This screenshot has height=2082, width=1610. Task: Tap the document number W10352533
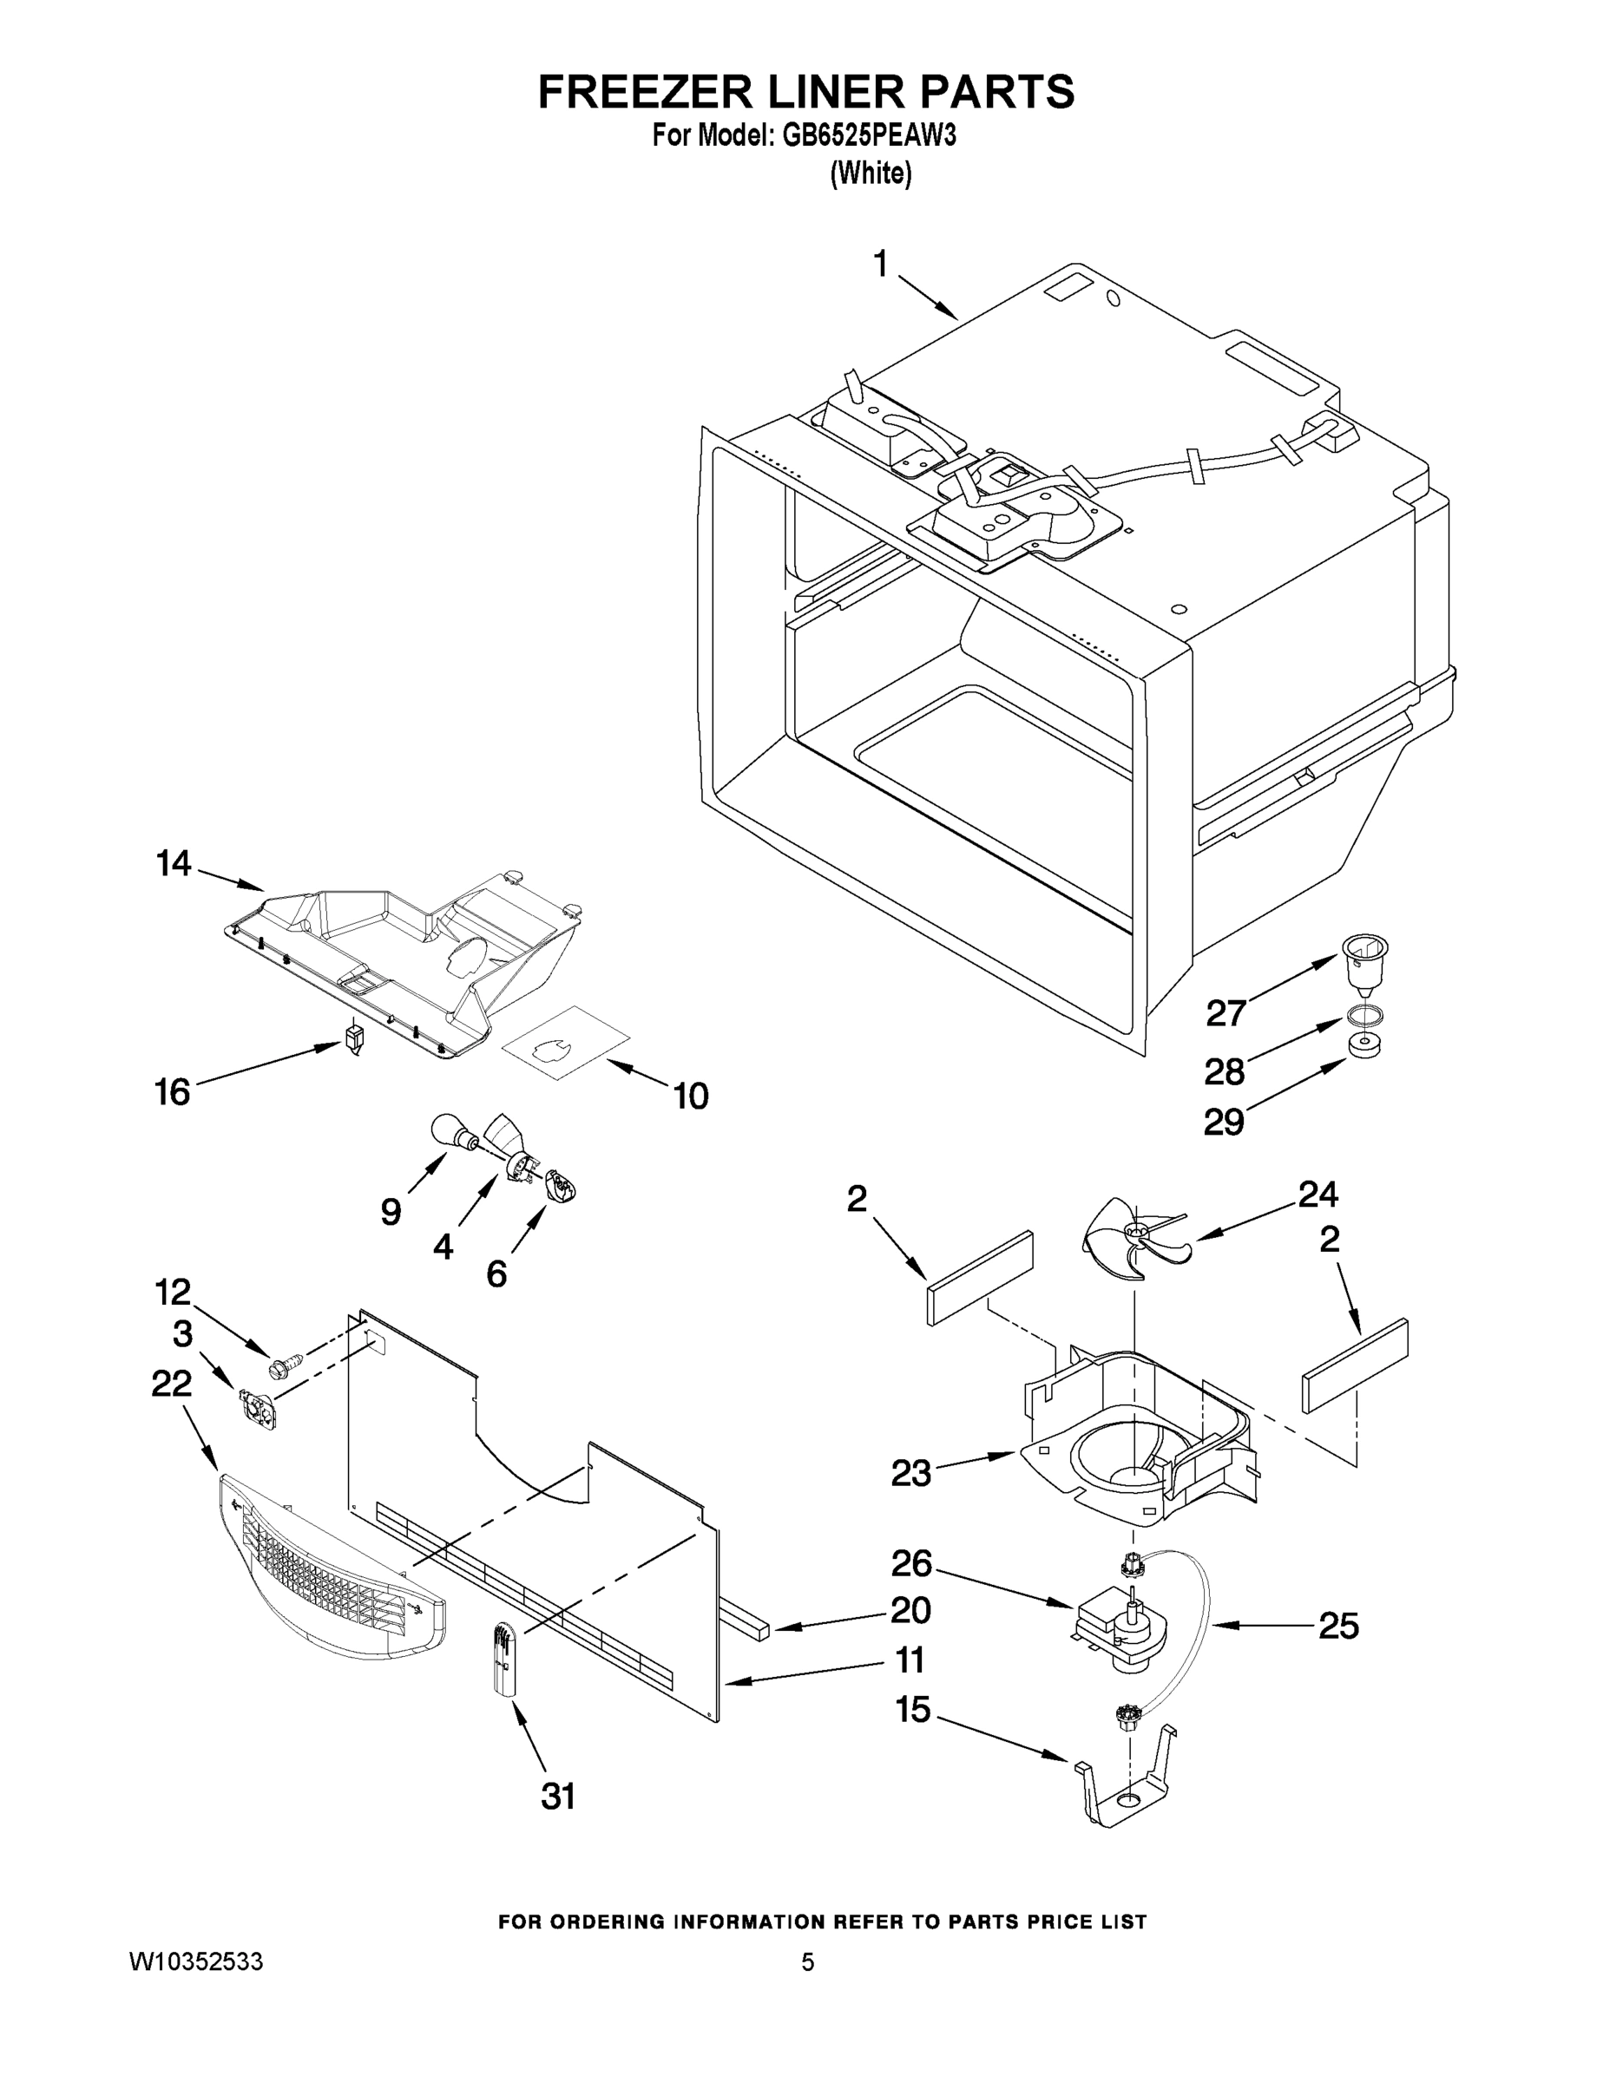point(196,1962)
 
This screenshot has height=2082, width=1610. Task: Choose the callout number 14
point(174,864)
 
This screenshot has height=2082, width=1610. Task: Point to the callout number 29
point(1224,1122)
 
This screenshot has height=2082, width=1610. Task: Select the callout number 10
point(691,1097)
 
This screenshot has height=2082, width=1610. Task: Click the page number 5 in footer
point(808,1962)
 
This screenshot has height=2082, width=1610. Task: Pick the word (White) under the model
point(871,174)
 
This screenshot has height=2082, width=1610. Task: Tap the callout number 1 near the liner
point(880,264)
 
